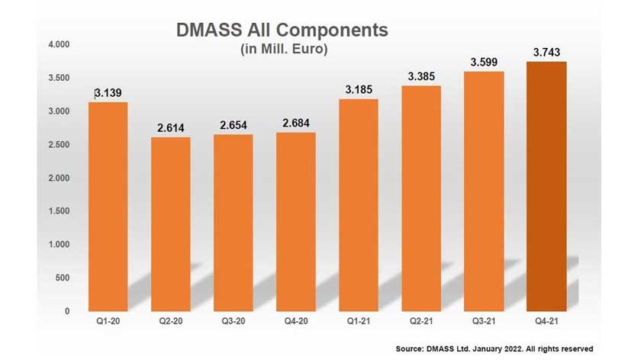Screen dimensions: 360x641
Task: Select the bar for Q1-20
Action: [108, 206]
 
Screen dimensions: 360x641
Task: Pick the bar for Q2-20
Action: [170, 224]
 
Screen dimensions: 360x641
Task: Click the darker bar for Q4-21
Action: [546, 186]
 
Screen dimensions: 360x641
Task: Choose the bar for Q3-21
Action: [484, 191]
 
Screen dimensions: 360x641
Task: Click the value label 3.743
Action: [546, 52]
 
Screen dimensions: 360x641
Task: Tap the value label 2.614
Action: [170, 127]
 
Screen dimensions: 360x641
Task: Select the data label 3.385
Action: [421, 76]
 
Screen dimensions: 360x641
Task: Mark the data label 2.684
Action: [295, 123]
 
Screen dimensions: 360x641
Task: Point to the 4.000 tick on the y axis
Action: [60, 45]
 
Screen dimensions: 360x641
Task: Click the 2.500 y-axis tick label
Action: [60, 145]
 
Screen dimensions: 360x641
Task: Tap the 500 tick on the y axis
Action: [64, 278]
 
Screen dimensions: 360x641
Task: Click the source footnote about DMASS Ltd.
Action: [494, 349]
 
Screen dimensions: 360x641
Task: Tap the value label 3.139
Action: [108, 93]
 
